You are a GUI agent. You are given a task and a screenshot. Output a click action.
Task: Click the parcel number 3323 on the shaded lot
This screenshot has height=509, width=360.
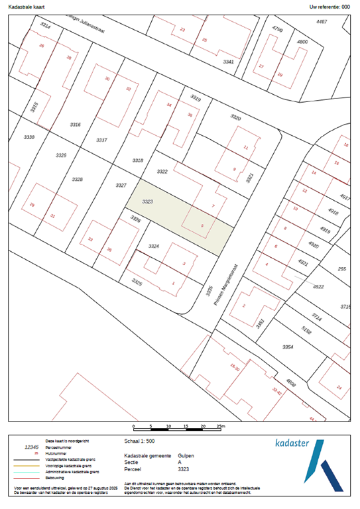tap(148, 201)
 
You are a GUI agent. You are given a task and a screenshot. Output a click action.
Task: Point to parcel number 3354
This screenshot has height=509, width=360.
tap(288, 347)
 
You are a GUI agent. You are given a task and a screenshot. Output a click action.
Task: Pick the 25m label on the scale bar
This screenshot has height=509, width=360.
tap(221, 426)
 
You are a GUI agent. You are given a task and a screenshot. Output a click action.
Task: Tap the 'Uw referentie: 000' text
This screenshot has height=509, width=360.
tap(330, 6)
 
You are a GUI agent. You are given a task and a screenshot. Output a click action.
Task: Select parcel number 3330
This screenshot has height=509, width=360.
tap(28, 137)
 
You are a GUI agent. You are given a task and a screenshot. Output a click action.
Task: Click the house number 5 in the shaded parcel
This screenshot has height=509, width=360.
tap(203, 225)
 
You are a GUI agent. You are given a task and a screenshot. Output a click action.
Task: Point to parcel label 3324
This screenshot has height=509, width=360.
tap(154, 246)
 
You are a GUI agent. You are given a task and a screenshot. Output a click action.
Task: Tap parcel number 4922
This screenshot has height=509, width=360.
tap(318, 287)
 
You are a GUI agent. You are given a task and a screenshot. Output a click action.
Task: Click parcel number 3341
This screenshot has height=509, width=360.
tap(228, 62)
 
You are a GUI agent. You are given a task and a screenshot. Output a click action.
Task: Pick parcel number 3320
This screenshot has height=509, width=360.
tap(236, 117)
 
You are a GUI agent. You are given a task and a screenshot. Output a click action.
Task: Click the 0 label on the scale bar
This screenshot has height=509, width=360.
tap(134, 426)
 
